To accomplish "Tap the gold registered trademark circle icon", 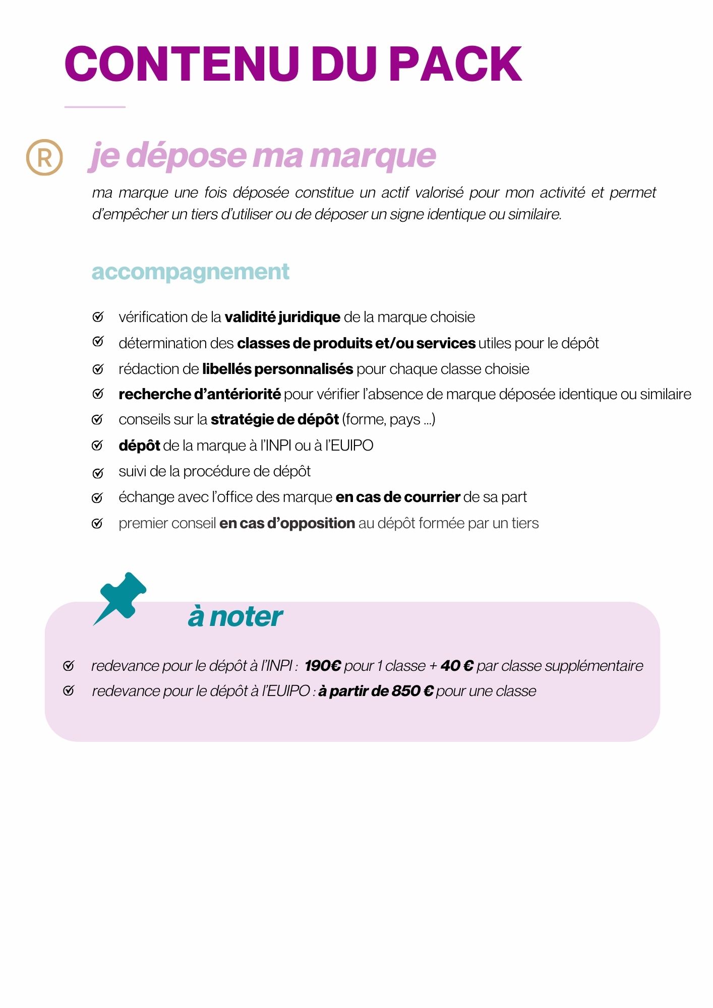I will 44,157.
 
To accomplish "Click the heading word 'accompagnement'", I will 190,272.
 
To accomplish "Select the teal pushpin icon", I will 121,598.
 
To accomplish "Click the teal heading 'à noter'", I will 235,616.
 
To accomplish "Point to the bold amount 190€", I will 323,666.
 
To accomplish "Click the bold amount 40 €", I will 457,666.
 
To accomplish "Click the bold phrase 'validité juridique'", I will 282,317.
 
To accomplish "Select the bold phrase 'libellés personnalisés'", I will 277,369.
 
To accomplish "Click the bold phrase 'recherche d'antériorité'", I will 200,394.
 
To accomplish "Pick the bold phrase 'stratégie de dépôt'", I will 275,419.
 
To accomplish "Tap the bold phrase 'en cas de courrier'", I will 398,497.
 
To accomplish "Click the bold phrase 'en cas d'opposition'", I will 287,523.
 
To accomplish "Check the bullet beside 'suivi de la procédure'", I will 98,473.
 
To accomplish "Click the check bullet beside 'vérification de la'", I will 98,317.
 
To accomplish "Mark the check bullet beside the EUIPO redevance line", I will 69,690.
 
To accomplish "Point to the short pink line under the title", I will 95,107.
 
